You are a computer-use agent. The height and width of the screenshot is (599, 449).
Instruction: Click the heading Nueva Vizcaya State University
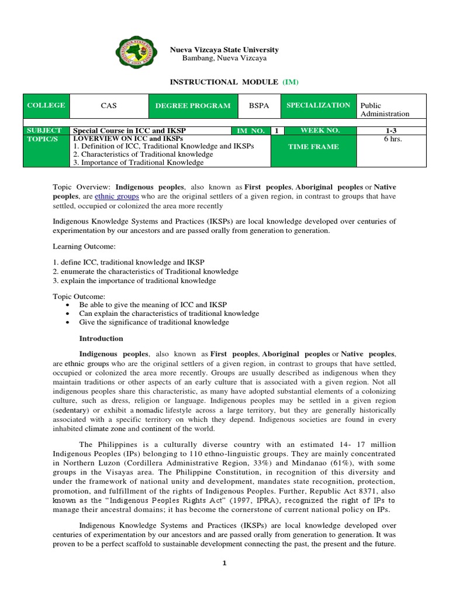click(224, 50)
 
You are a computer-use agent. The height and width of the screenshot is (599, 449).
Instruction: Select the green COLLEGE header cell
click(46, 106)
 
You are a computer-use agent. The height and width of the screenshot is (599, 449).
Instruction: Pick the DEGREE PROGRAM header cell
click(184, 106)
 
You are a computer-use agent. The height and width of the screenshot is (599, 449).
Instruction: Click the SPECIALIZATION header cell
click(318, 105)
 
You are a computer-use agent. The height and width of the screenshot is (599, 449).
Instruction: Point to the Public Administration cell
click(385, 109)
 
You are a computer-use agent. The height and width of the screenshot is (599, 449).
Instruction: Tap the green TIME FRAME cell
click(313, 147)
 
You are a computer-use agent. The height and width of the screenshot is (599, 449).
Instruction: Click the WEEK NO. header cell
click(319, 130)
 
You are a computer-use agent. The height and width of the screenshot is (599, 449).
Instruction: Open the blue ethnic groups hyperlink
click(111, 197)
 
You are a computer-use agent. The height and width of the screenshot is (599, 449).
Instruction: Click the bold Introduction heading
click(101, 339)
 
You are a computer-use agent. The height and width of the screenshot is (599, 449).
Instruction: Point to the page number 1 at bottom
click(224, 563)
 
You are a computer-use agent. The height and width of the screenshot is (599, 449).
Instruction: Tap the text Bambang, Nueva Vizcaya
click(224, 58)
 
